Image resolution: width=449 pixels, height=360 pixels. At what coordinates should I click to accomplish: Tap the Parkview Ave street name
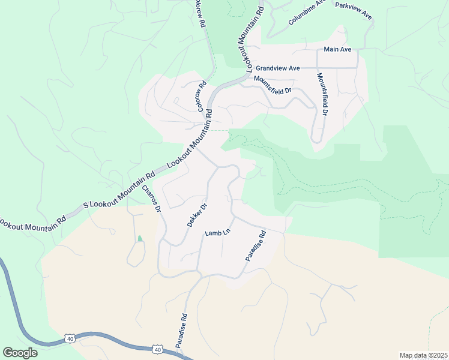tap(354, 10)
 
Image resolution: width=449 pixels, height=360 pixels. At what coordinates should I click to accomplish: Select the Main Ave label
tap(337, 49)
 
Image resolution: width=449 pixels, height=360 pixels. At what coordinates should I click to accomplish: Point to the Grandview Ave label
tap(278, 68)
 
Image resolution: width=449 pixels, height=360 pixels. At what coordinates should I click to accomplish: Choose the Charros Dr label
tap(152, 199)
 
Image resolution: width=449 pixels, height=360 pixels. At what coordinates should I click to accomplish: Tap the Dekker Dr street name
tap(197, 215)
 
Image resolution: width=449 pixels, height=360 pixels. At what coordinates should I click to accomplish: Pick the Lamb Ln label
tap(217, 233)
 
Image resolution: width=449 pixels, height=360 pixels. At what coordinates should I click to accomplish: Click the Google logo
tap(20, 353)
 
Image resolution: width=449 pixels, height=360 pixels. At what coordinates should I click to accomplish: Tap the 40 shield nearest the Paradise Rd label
tap(157, 349)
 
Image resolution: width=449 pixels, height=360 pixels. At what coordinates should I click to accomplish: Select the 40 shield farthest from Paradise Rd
tap(70, 339)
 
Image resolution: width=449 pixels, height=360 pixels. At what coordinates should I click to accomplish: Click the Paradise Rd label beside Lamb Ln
tap(255, 246)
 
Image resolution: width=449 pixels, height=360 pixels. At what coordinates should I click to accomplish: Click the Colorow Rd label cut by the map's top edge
tap(199, 13)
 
